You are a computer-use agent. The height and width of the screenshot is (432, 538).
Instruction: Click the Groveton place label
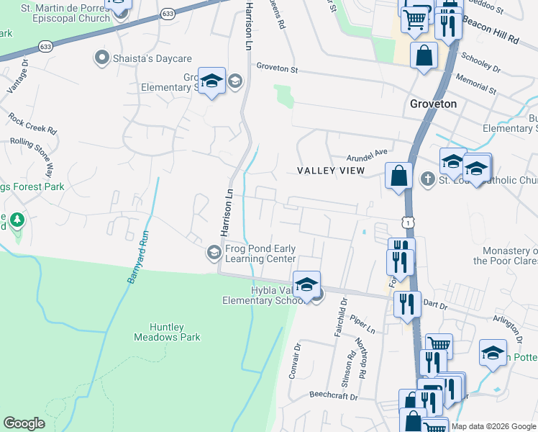pyautogui.click(x=433, y=104)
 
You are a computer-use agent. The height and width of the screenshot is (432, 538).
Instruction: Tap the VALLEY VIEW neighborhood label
pyautogui.click(x=331, y=170)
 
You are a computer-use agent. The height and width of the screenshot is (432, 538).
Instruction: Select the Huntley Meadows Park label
pyautogui.click(x=167, y=331)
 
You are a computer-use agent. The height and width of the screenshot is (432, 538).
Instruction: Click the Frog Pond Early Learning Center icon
pyautogui.click(x=214, y=253)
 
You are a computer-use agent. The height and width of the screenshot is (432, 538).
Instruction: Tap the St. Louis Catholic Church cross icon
pyautogui.click(x=428, y=179)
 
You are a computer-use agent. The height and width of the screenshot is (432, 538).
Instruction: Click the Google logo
pyautogui.click(x=24, y=423)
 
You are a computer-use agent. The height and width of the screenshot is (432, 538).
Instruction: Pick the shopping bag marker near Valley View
pyautogui.click(x=398, y=176)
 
